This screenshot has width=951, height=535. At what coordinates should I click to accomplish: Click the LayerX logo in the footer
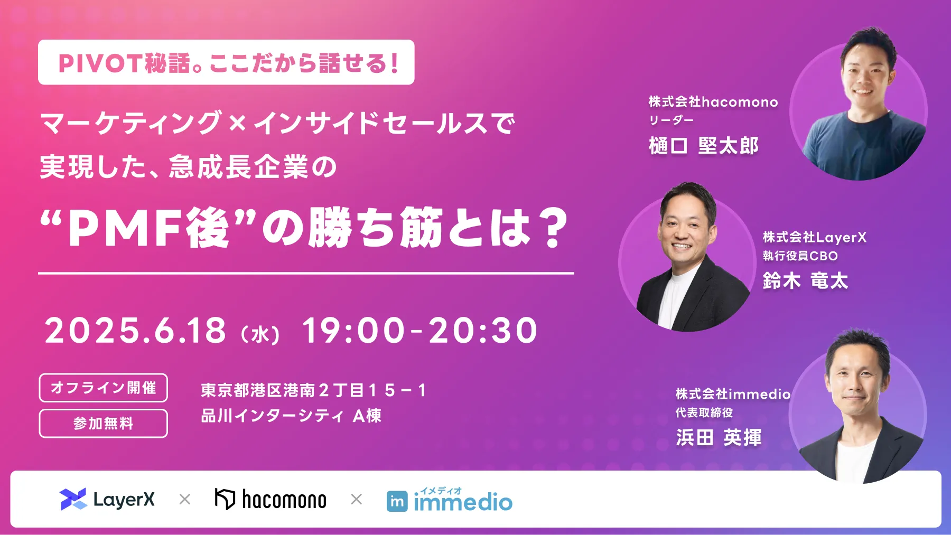[107, 499]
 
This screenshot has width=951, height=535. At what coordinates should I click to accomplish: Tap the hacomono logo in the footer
[271, 499]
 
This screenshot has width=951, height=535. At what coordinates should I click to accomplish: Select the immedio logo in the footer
[450, 500]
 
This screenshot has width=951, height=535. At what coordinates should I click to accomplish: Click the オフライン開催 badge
[104, 388]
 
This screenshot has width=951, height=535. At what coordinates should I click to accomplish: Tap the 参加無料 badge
[104, 423]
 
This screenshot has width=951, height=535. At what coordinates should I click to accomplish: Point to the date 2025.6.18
[135, 331]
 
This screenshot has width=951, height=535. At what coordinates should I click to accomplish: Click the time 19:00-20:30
[419, 331]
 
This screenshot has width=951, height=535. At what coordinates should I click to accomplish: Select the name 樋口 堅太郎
[703, 146]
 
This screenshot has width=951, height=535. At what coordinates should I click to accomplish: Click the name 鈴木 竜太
[805, 280]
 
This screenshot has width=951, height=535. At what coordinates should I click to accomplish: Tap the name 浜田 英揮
[719, 437]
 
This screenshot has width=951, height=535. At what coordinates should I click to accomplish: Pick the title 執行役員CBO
[800, 256]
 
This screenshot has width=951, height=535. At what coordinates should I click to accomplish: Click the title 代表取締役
[704, 412]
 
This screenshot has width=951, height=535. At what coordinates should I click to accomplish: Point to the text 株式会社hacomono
[713, 102]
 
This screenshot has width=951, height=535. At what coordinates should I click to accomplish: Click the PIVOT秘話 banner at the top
[226, 63]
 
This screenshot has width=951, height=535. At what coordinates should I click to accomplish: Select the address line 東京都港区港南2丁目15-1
[313, 390]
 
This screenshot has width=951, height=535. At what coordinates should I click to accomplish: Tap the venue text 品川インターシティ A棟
[291, 416]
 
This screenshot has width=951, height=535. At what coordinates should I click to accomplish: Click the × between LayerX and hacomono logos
[185, 499]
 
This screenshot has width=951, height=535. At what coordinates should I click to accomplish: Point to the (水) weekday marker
[260, 335]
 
